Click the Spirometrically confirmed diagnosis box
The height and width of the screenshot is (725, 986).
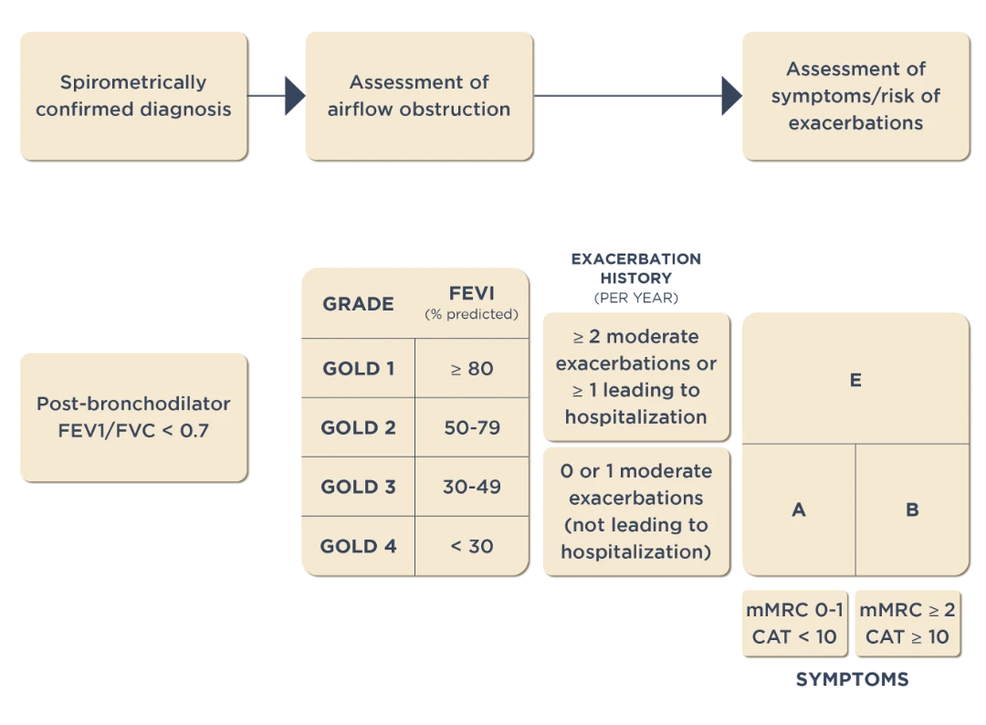click(132, 96)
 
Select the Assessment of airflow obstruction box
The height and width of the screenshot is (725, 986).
click(418, 96)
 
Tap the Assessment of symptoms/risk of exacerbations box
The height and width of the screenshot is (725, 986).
click(855, 96)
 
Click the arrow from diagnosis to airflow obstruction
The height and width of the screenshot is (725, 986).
click(277, 95)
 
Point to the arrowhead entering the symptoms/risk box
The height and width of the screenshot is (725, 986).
click(729, 95)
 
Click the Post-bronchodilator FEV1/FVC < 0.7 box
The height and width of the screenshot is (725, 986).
click(132, 416)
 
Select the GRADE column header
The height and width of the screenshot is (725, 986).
click(358, 304)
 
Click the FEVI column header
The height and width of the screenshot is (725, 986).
click(471, 302)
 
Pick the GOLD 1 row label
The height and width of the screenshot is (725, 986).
click(358, 369)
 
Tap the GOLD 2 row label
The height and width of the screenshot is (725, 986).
click(358, 427)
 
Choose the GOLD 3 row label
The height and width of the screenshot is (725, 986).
click(358, 487)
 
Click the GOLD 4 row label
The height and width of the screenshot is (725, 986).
click(358, 546)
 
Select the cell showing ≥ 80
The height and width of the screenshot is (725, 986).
click(471, 369)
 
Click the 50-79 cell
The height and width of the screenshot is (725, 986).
click(471, 427)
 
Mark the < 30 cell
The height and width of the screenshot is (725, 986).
click(471, 546)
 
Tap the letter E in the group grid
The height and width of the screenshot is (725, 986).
click(855, 381)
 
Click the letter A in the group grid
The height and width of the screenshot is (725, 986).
click(798, 510)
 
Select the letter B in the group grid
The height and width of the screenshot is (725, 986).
click(912, 510)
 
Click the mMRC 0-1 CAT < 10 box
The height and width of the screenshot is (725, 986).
click(794, 624)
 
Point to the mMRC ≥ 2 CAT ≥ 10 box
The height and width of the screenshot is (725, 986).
click(907, 624)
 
